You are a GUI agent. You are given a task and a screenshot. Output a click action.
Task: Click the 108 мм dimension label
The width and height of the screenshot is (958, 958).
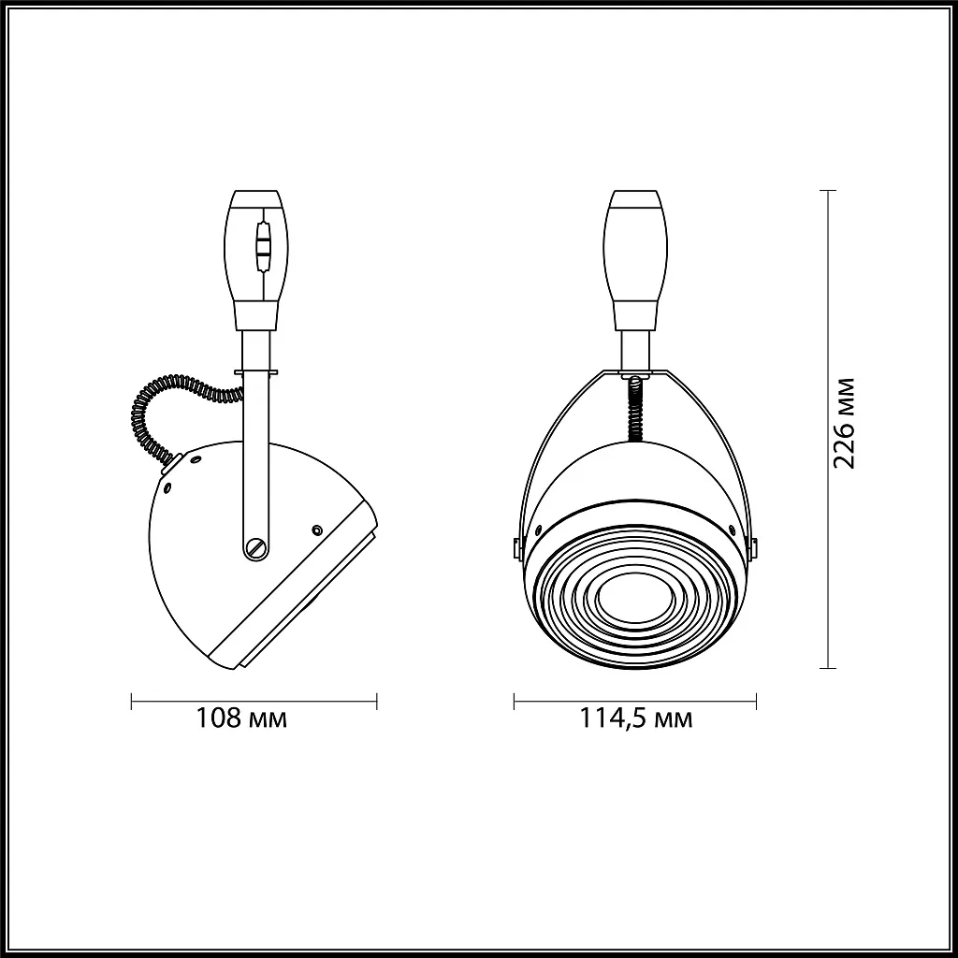click(240, 718)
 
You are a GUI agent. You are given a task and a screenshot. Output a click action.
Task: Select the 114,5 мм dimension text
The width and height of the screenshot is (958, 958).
click(635, 718)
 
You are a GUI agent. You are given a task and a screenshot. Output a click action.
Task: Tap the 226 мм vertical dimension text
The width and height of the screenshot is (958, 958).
click(845, 424)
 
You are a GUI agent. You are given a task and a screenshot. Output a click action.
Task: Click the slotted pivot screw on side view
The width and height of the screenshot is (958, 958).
click(256, 546)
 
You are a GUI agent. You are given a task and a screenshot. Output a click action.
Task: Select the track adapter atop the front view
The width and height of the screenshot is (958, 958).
click(635, 261)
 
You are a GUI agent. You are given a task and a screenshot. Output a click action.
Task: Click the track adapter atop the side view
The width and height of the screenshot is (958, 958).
click(256, 261)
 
